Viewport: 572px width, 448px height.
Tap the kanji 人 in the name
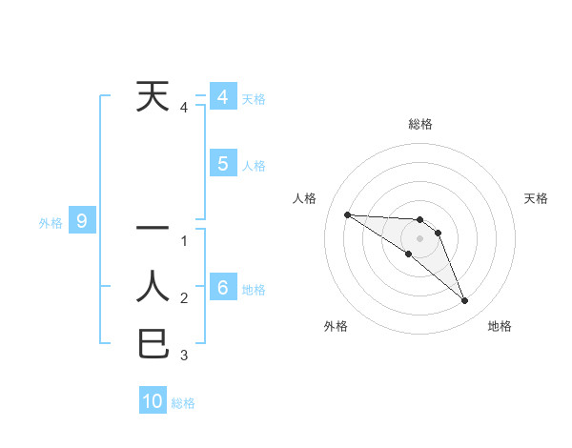pyautogui.click(x=153, y=286)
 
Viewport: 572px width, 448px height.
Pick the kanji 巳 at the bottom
pyautogui.click(x=153, y=343)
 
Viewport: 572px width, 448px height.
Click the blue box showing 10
pyautogui.click(x=153, y=401)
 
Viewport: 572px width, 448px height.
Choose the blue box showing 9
pyautogui.click(x=82, y=222)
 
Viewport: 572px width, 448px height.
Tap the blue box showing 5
pyautogui.click(x=222, y=164)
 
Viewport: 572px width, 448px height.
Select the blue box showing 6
pyautogui.click(x=222, y=288)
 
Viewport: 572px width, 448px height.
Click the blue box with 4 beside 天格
pyautogui.click(x=222, y=97)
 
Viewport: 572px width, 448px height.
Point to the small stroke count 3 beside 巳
pyautogui.click(x=184, y=356)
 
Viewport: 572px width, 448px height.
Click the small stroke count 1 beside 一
pyautogui.click(x=184, y=240)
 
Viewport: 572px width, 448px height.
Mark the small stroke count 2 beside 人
pyautogui.click(x=184, y=298)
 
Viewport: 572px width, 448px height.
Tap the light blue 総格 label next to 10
pyautogui.click(x=183, y=403)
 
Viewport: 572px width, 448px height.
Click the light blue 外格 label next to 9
pyautogui.click(x=51, y=223)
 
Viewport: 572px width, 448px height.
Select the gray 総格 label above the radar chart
pyautogui.click(x=419, y=124)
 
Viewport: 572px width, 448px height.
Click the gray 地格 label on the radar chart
pyautogui.click(x=500, y=326)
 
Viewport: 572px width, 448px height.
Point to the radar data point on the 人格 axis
pyautogui.click(x=347, y=214)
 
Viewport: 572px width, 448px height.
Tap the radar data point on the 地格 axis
pyautogui.click(x=465, y=301)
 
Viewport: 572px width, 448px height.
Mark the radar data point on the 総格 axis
pyautogui.click(x=419, y=220)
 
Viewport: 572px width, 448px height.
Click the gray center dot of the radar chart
pyautogui.click(x=419, y=237)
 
